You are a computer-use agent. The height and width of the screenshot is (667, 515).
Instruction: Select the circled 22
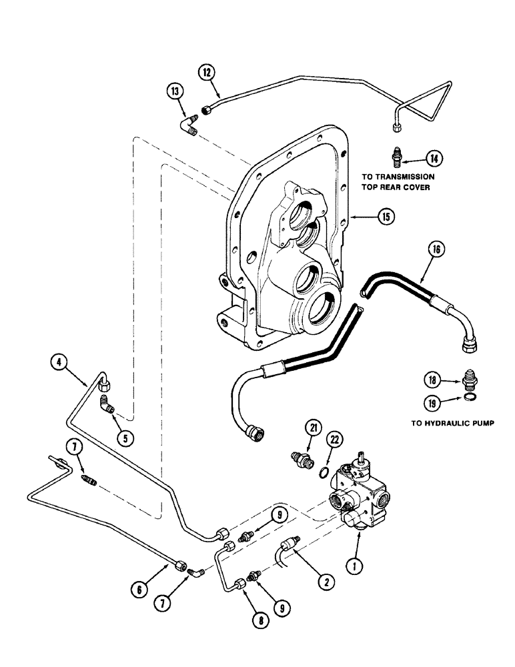[x=334, y=440]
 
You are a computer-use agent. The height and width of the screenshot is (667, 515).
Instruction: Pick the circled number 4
[x=60, y=364]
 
